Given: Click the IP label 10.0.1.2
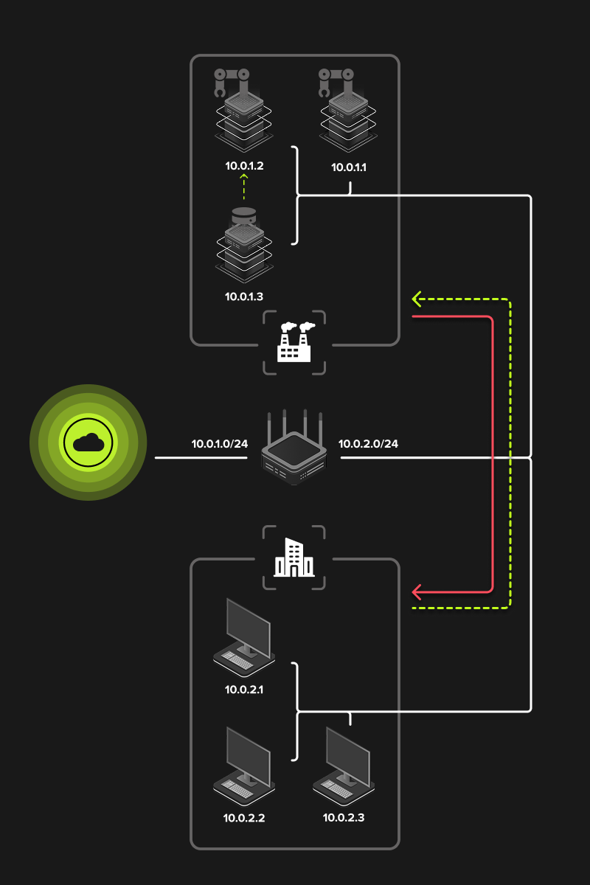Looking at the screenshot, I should click(244, 166).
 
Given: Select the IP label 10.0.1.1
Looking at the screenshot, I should click(349, 167).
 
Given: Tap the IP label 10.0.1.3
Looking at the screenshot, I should click(244, 296).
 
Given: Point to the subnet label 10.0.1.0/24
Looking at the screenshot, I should click(219, 444).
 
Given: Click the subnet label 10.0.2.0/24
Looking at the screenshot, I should click(368, 444).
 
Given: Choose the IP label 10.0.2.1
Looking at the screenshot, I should click(244, 690).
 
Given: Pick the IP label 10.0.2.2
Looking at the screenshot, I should click(244, 818).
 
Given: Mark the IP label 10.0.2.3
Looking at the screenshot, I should click(344, 818).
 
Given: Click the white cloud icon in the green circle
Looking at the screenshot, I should click(88, 442).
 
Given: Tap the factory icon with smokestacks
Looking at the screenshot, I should click(294, 342).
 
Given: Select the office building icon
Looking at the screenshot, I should click(294, 558).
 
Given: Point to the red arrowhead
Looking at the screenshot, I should click(417, 591).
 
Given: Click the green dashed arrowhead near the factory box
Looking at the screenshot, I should click(417, 299).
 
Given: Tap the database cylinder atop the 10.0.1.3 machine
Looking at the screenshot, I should click(243, 216).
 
